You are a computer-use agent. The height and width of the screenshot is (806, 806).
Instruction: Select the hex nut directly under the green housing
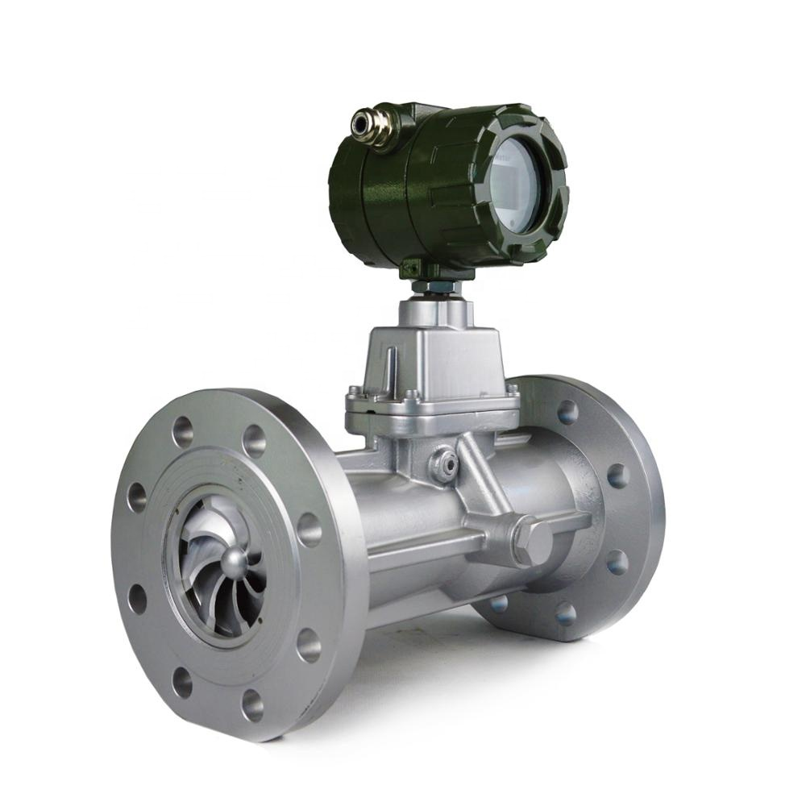point(436,287)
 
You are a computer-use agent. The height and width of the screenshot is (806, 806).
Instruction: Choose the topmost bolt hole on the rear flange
point(567,412)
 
